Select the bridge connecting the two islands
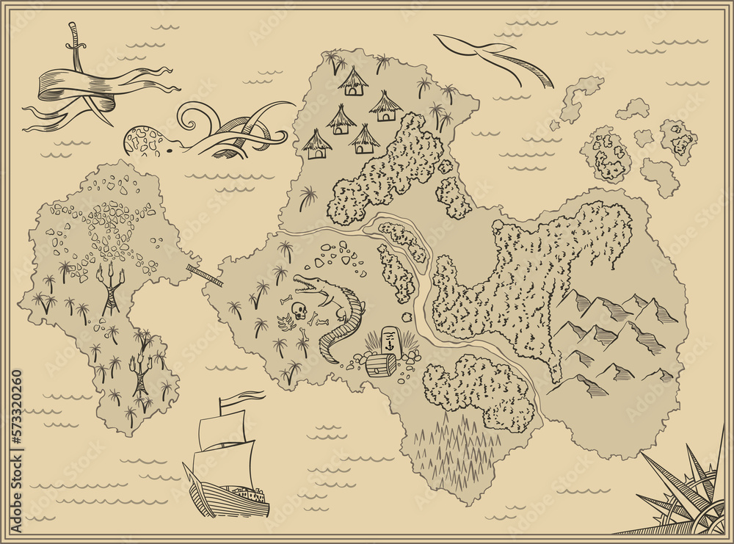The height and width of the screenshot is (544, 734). (x=206, y=275)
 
